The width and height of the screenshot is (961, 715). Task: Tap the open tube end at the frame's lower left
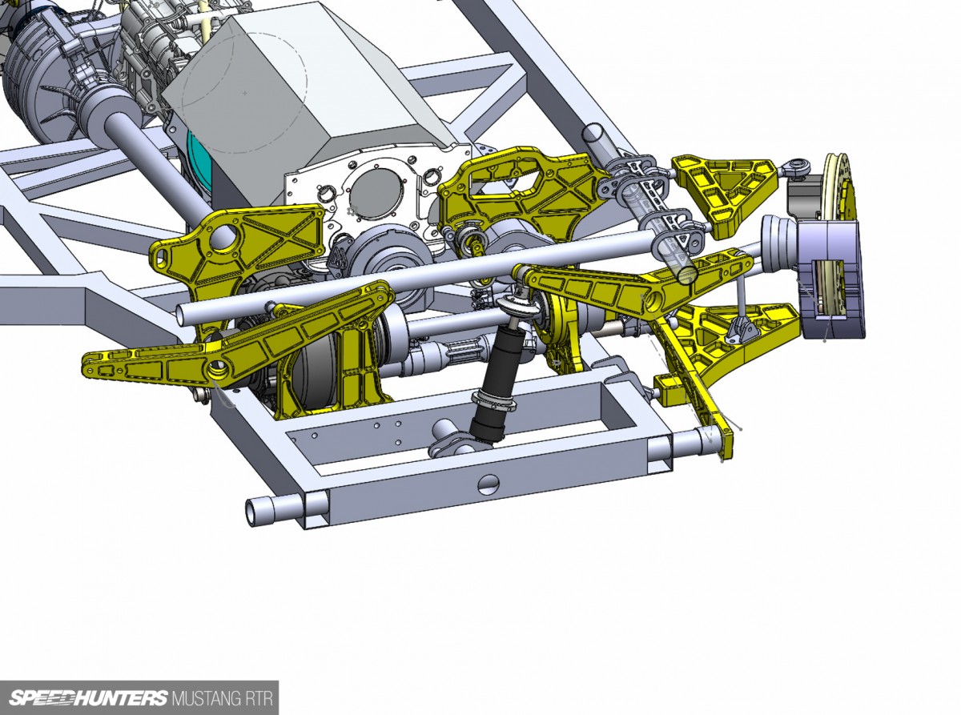point(251,512)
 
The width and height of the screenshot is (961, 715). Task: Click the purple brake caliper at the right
point(832,279)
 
